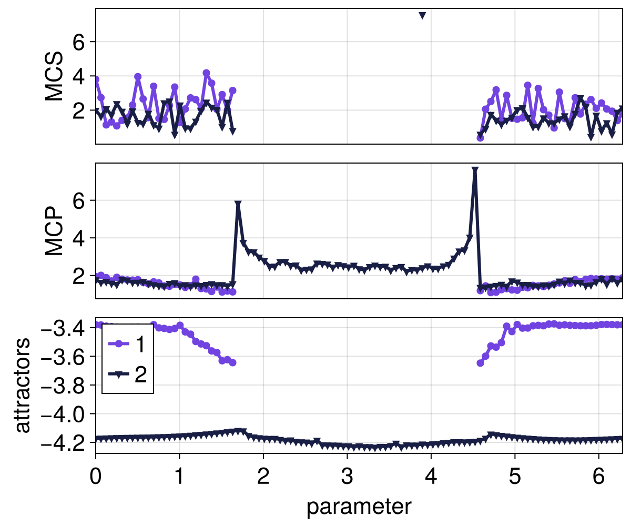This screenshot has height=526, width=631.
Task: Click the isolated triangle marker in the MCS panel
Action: coord(422,15)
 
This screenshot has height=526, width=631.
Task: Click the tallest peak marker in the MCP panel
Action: coord(475,170)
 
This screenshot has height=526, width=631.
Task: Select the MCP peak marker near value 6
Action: coord(238,204)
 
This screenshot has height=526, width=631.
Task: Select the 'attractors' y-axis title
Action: coord(22,386)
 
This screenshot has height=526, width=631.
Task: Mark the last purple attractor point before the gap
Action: coord(232,362)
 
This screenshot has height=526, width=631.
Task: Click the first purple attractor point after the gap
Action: coord(480,363)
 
